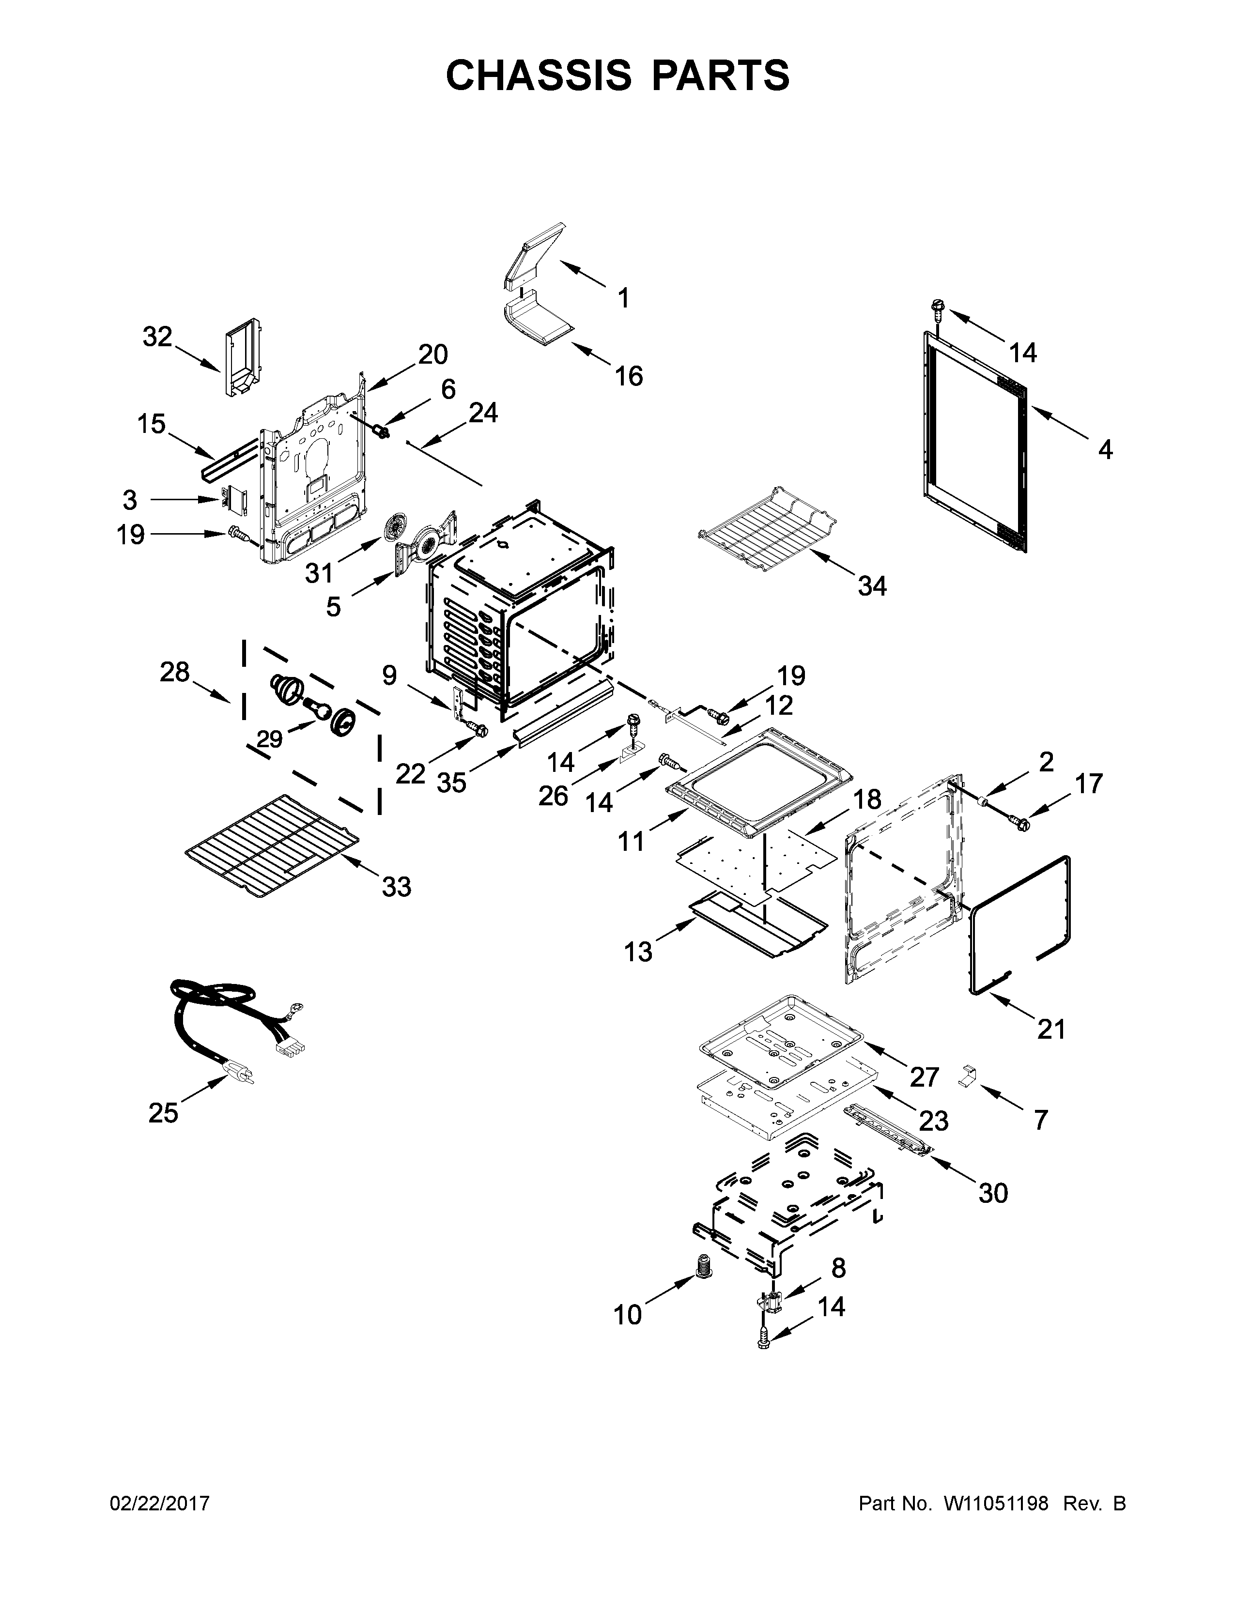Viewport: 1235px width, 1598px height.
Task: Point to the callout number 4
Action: tap(1105, 450)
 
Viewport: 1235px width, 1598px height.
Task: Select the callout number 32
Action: tap(157, 338)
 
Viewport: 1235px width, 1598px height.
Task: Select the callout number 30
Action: tap(993, 1193)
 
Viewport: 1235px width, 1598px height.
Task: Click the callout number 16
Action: tap(629, 376)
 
